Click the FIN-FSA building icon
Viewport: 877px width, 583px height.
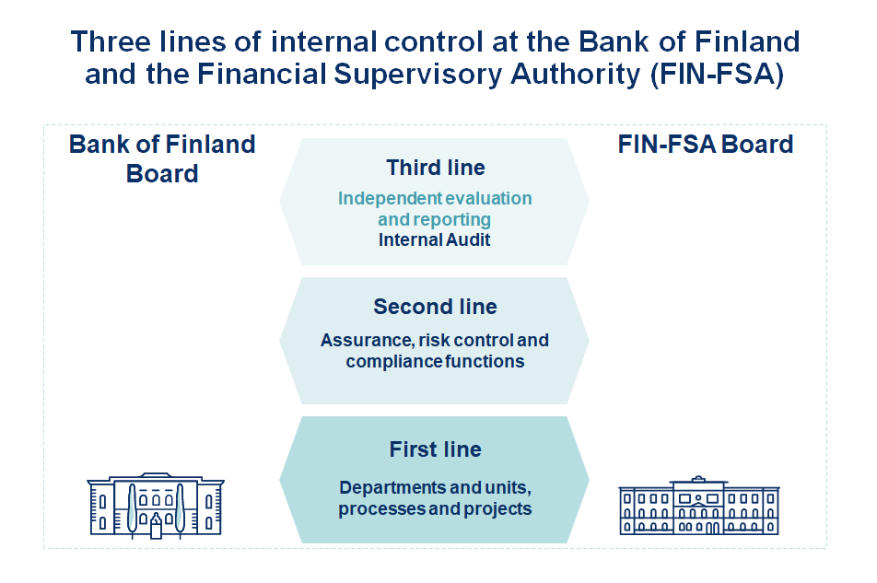698,506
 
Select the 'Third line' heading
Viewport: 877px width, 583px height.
435,168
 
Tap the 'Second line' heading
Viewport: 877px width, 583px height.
435,307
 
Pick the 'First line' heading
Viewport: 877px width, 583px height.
435,449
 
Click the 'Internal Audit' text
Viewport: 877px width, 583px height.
435,240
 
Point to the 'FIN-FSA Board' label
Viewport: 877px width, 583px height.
706,145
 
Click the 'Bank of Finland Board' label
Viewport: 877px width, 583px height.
162,158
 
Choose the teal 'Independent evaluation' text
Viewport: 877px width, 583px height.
435,199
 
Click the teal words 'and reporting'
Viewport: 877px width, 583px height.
435,220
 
